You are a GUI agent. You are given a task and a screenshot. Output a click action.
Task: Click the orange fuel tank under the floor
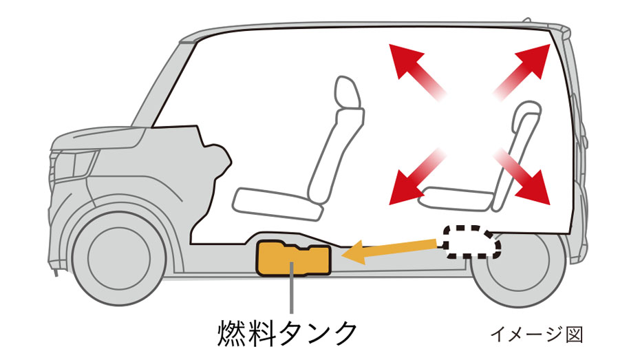(x=292, y=259)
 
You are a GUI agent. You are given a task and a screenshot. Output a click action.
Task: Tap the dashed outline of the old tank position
(x=470, y=241)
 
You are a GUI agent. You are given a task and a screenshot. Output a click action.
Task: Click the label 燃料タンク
(x=287, y=332)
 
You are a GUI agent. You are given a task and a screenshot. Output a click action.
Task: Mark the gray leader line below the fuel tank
(x=292, y=296)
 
